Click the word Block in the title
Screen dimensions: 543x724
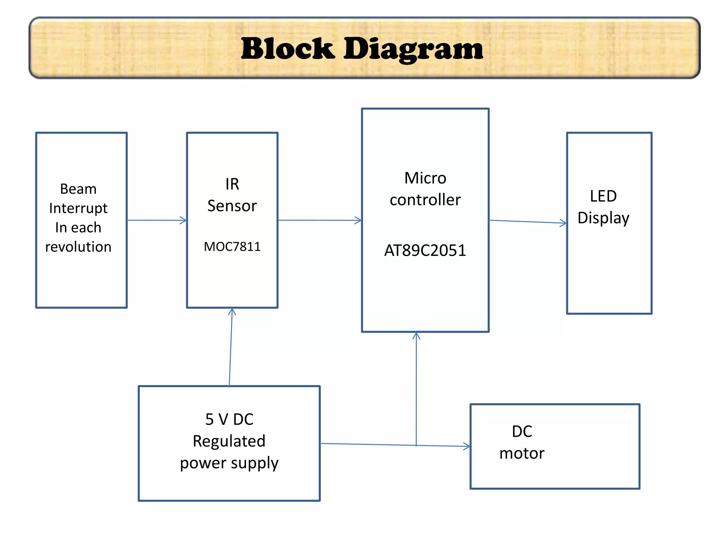tap(287, 49)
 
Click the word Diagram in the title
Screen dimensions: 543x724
tap(413, 49)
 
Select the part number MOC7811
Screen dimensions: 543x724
tap(232, 246)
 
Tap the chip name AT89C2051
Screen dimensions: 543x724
tap(425, 250)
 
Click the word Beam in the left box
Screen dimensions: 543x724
tap(78, 189)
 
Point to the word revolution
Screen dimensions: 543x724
tap(78, 247)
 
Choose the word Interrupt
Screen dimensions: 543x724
tap(78, 208)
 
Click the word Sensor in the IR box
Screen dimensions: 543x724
tap(232, 206)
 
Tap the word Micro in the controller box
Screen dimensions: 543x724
tap(425, 178)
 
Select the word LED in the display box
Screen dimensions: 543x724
tap(603, 196)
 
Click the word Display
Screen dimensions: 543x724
tap(603, 218)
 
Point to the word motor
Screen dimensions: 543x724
tap(522, 453)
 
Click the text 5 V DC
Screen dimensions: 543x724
tap(229, 419)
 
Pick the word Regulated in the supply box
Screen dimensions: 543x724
tap(229, 441)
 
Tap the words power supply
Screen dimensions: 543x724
tap(229, 463)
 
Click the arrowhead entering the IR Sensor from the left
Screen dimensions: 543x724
tap(183, 220)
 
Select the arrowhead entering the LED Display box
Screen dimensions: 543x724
tap(564, 223)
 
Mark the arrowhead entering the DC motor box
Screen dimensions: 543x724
tap(467, 446)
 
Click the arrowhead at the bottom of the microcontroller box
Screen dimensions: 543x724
tap(416, 335)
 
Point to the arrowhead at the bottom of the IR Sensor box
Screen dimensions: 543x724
tap(232, 311)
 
